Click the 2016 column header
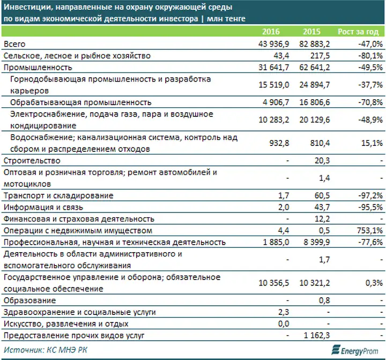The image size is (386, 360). coord(271,32)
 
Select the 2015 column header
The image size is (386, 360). coord(311,32)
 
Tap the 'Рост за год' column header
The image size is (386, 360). coord(358,32)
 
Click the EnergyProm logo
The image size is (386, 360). coord(355,350)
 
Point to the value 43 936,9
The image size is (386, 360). coord(274,44)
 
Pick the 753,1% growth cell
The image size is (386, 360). coord(370,231)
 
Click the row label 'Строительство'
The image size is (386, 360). coord(32,160)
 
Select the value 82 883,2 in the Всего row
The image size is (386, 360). coord(314,44)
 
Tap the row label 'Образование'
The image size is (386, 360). coord(30,300)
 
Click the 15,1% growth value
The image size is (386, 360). coord(372,143)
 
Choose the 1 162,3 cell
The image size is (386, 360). coord(317,336)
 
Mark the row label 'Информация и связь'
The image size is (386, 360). coord(43,208)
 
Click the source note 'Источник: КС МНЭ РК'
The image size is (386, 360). coord(46,350)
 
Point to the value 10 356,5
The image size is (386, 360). coord(274,283)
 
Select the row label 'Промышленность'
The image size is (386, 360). coord(38,68)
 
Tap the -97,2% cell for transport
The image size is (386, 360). coord(370,196)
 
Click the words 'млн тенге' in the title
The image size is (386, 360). coord(226,19)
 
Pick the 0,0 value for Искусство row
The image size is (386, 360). coord(284,324)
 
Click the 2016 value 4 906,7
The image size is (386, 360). coord(276,102)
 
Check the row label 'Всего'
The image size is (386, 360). coord(14,44)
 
